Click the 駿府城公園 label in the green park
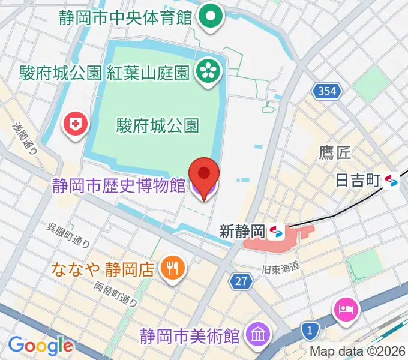[x=157, y=125]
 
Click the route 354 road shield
[x=328, y=92]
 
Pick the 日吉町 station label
[x=359, y=181]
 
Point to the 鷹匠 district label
[x=335, y=153]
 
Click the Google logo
[x=40, y=346]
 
